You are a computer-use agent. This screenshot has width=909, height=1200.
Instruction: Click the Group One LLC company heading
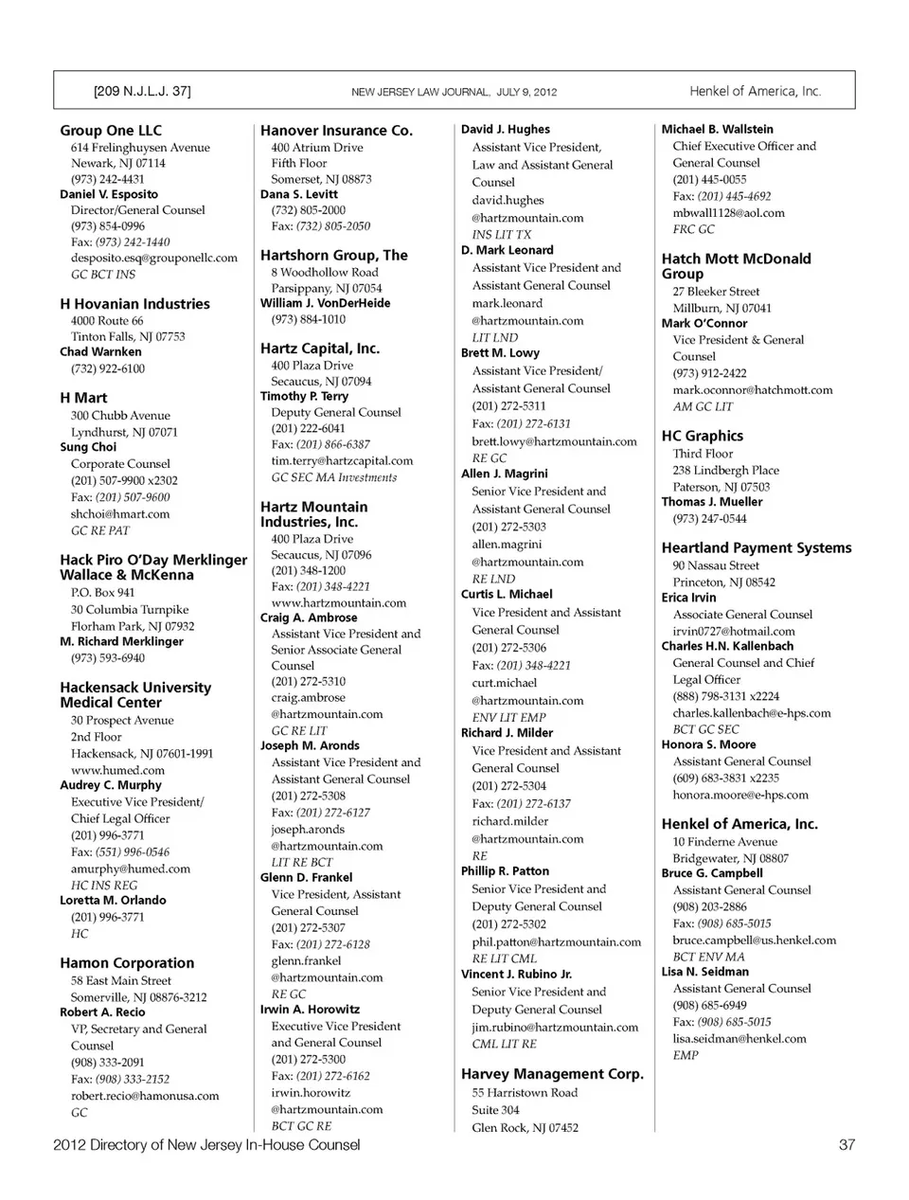coord(111,131)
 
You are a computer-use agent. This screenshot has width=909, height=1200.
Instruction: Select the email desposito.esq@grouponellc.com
coord(154,258)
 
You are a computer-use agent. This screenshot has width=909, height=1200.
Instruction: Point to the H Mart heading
coord(83,398)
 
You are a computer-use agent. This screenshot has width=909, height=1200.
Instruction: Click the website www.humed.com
coord(117,770)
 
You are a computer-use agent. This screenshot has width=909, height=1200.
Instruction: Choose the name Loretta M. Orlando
coord(113,900)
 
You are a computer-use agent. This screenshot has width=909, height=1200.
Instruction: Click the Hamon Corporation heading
coord(127,963)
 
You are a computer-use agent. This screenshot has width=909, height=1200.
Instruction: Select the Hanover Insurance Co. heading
coord(336,131)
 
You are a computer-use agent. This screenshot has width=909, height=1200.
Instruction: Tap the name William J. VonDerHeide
coord(325,303)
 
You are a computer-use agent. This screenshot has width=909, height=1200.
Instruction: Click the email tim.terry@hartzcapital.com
coord(342,461)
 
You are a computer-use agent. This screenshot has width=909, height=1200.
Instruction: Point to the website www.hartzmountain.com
coord(338,602)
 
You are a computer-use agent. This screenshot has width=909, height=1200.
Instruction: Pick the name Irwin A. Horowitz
coord(310,1009)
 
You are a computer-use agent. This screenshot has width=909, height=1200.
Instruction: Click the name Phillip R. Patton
coord(505,870)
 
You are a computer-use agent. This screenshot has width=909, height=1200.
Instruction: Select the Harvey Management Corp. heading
coord(552,1074)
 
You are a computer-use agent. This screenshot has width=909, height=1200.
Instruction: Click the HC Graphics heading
coord(702,436)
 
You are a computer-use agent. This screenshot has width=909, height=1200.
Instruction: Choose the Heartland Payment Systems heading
coord(756,547)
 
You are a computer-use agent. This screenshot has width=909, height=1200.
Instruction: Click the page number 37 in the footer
coord(847,1145)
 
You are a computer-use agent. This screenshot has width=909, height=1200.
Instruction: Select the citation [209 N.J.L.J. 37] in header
coord(142,92)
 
